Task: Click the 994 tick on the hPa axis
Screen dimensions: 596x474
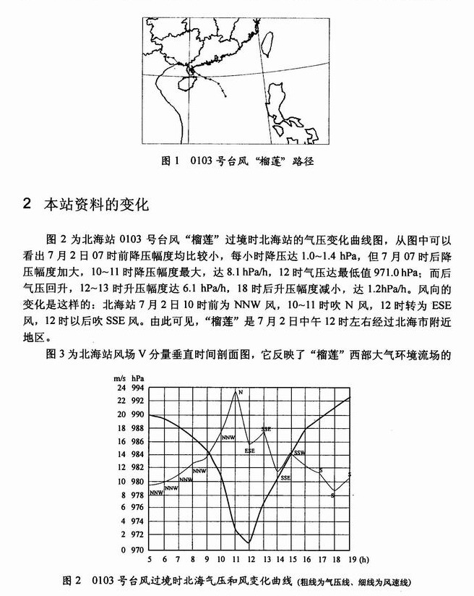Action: click(x=137, y=388)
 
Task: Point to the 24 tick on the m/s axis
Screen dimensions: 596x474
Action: click(x=119, y=388)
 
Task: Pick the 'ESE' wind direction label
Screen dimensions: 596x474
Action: click(x=250, y=451)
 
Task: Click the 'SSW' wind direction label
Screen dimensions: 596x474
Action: click(x=298, y=453)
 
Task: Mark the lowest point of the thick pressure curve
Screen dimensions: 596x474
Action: click(x=249, y=542)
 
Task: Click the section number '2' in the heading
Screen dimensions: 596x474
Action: click(x=27, y=203)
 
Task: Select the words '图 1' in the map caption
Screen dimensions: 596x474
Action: click(x=168, y=160)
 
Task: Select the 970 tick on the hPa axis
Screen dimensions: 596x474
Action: click(x=137, y=548)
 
